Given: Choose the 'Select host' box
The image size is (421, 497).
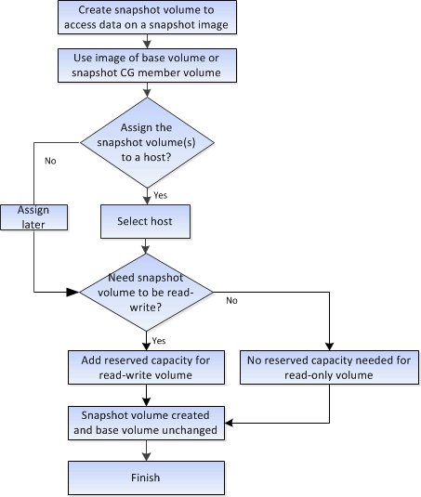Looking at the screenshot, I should [146, 223].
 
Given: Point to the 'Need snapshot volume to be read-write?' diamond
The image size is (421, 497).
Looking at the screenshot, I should [146, 292].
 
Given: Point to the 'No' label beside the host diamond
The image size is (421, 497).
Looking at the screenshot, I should [50, 159].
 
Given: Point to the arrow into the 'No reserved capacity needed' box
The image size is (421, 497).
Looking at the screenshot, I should [330, 343].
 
